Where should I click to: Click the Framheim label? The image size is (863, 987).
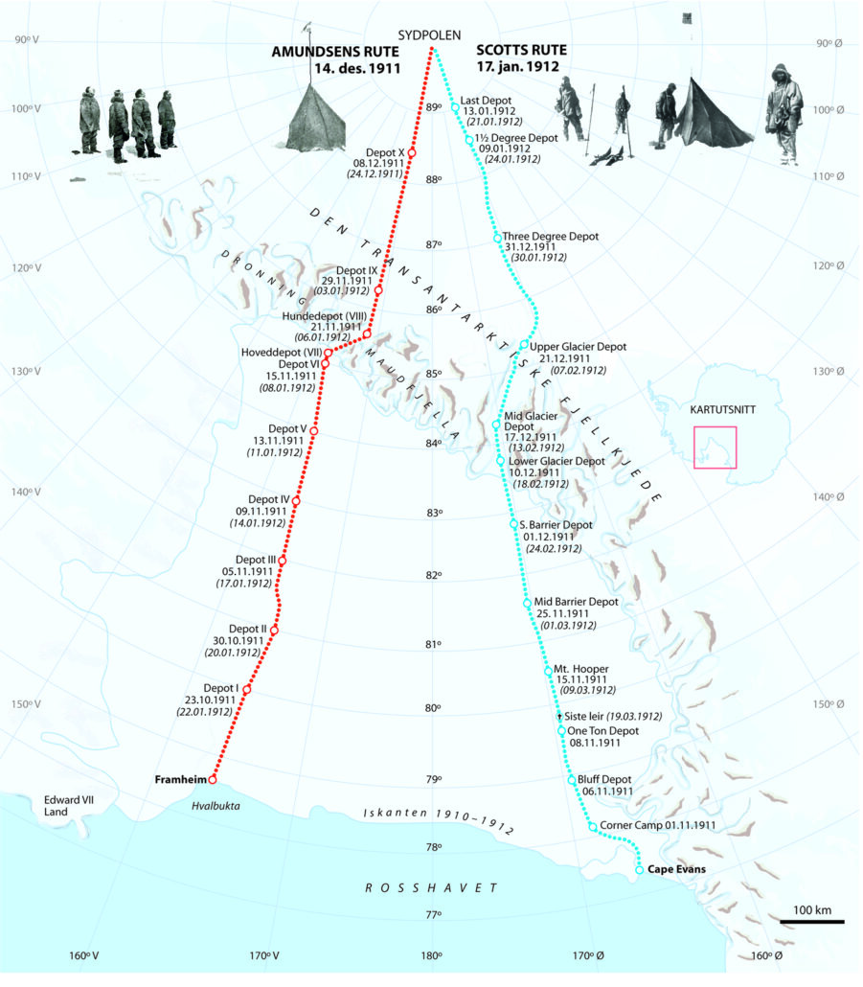point(181,780)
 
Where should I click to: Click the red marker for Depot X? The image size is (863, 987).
point(412,153)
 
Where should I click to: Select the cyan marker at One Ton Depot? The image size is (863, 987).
point(562,731)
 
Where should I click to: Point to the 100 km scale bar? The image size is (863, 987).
point(811,922)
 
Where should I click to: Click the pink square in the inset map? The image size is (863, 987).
point(715,447)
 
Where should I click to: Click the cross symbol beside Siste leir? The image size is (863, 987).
point(559,716)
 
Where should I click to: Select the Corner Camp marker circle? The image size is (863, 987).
point(593,826)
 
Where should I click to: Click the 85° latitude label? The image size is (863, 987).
point(432,374)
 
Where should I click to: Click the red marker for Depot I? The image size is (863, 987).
point(247,690)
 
